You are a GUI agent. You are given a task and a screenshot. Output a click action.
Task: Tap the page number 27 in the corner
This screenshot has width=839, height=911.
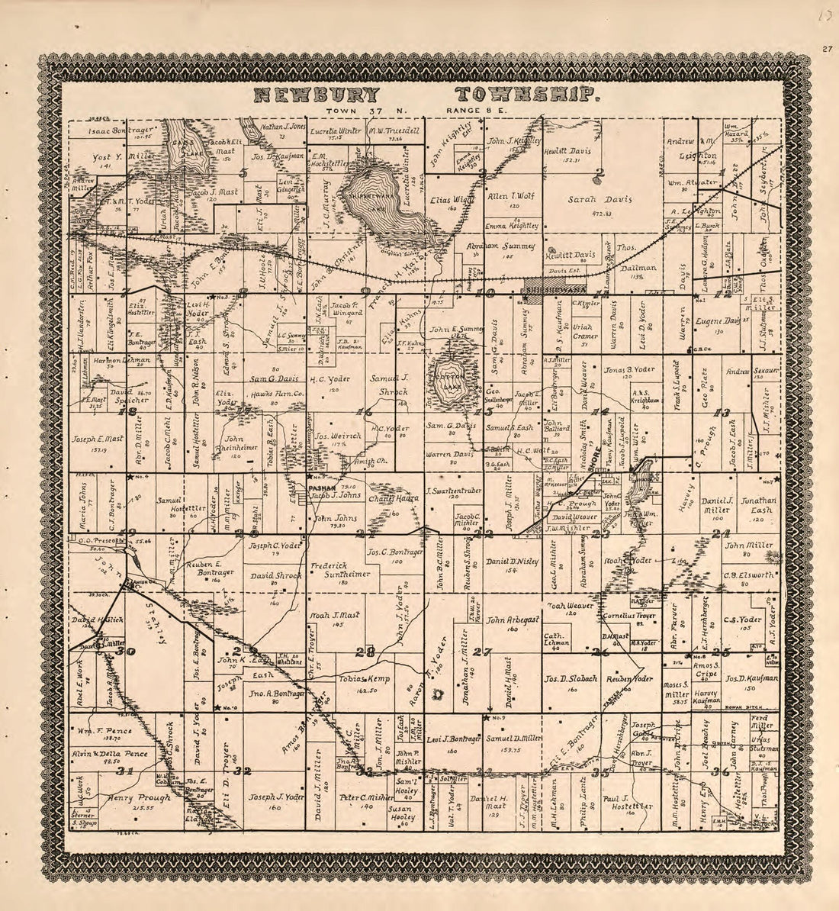827,50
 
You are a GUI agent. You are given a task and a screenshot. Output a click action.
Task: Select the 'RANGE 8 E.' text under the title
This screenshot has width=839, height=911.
480,111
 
